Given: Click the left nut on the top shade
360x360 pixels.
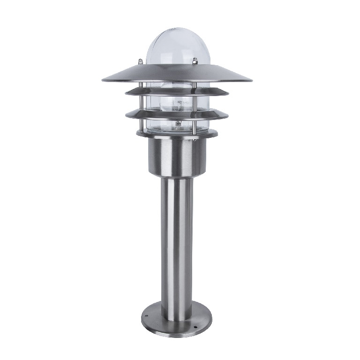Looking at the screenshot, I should pos(140,61).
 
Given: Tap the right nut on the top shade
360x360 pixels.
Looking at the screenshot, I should pos(194,60).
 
